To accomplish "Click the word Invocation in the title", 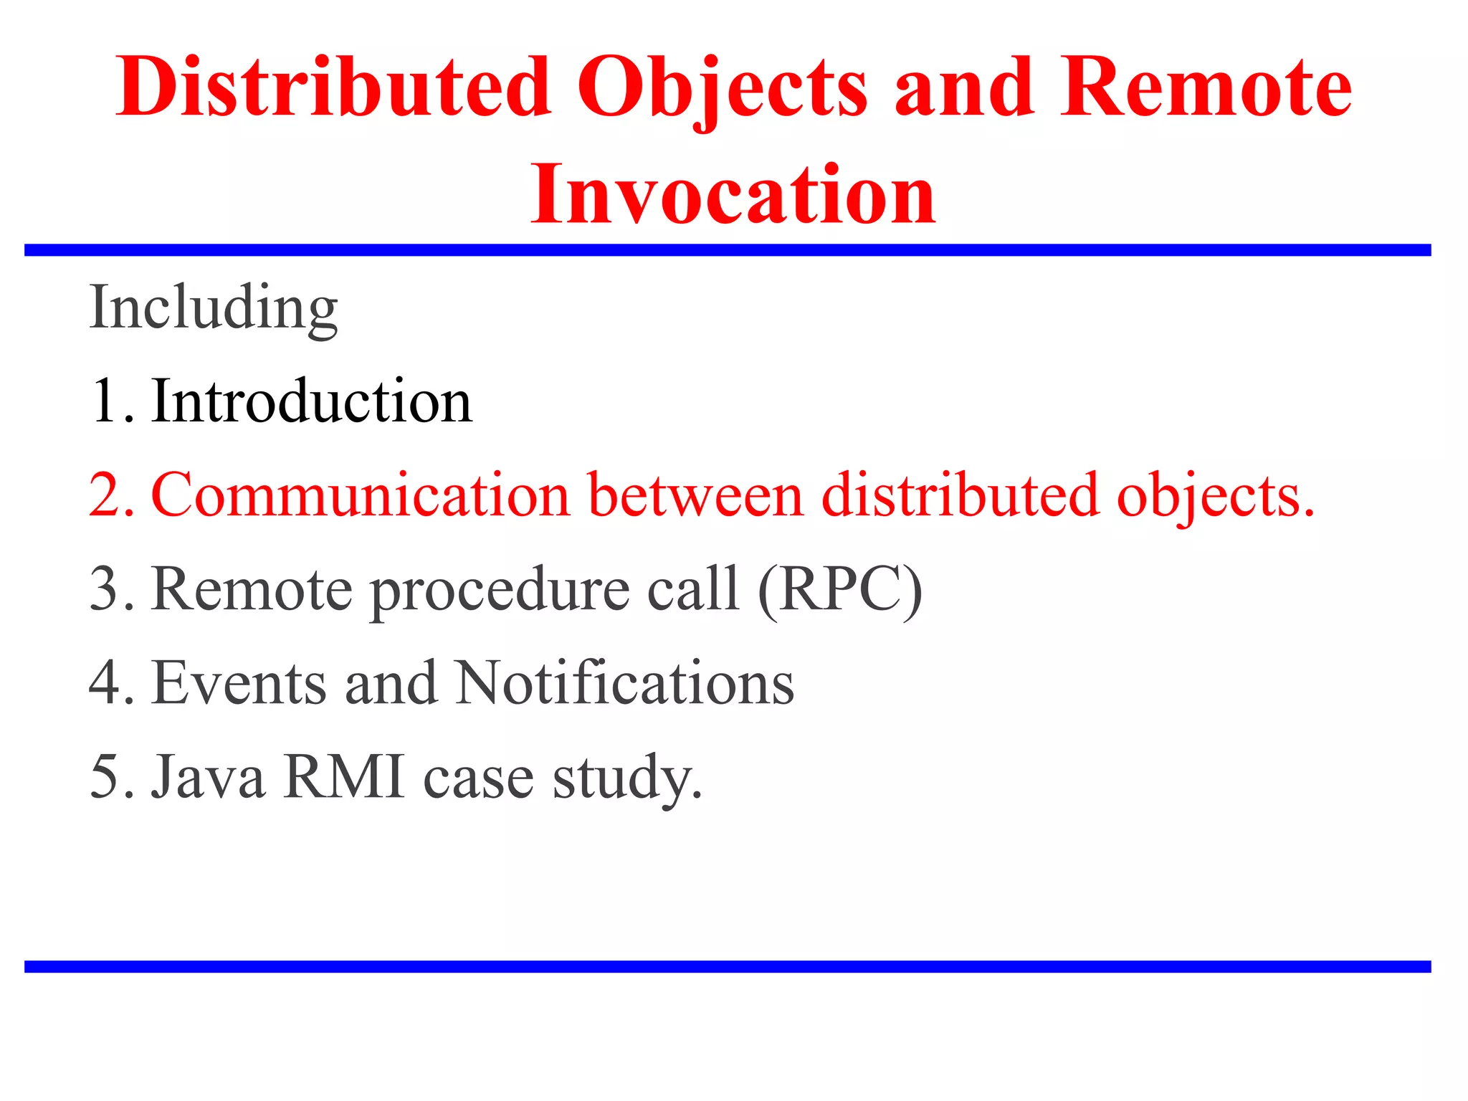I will pos(733,195).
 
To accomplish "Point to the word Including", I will pos(213,308).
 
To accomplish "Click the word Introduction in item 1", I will pos(312,401).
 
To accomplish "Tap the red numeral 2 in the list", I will pos(107,495).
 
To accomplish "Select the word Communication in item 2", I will pos(360,495).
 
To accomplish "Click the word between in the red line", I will pos(695,495).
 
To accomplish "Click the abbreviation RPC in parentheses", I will pos(839,589).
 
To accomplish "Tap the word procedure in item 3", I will pos(499,591).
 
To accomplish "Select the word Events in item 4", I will pos(239,683).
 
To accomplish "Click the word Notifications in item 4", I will pos(624,683).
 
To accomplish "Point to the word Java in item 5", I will pos(208,777).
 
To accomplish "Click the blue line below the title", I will pos(728,250).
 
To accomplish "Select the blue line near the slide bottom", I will pos(728,967).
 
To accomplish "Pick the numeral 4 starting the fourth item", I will pos(106,683).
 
